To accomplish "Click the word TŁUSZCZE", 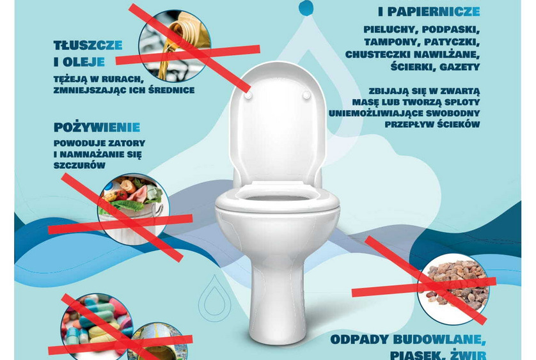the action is (x=88, y=45).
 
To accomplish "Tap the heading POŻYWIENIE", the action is (x=97, y=127).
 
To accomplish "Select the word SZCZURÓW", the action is (x=79, y=166).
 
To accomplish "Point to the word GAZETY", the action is (x=459, y=67).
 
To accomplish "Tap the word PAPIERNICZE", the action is (x=434, y=12).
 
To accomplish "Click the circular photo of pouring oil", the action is (x=175, y=46).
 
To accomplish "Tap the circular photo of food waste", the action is (x=134, y=209).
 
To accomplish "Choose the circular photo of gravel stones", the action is (x=453, y=289).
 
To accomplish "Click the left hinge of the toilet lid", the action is (x=249, y=95).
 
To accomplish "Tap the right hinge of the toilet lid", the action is (x=306, y=95).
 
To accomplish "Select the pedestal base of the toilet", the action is (x=277, y=301).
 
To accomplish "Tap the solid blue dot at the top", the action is (x=306, y=8).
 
